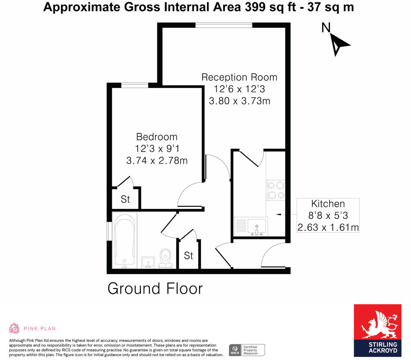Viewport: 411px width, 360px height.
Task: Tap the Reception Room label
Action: [x=239, y=77]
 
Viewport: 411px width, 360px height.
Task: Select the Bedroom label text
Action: [x=157, y=137]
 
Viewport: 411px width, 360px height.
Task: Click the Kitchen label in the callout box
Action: [x=328, y=204]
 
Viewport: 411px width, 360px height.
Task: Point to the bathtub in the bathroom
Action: [x=124, y=241]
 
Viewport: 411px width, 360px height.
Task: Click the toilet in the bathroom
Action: [x=165, y=259]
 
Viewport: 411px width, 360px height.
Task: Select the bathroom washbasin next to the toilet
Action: [x=149, y=262]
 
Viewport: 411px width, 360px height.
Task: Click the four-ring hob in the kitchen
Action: [x=276, y=190]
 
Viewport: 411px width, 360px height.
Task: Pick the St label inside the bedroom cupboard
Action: [x=125, y=199]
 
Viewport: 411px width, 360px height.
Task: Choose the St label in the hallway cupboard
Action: [x=189, y=256]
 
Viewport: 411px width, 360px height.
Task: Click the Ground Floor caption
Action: [x=155, y=288]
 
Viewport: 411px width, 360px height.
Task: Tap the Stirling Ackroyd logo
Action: [x=377, y=330]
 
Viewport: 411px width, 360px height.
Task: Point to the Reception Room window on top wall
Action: [x=224, y=26]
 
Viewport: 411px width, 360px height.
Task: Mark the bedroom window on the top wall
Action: [x=134, y=85]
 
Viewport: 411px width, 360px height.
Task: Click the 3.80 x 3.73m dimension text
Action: [x=239, y=101]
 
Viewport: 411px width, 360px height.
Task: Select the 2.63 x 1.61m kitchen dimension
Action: [x=328, y=228]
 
